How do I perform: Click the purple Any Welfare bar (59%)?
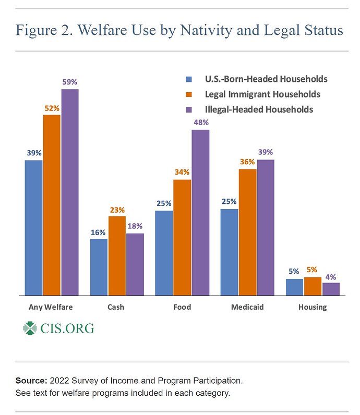point(70,192)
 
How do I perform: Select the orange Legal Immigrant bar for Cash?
point(117,255)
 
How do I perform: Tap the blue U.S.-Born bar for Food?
point(164,253)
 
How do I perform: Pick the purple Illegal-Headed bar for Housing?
point(331,289)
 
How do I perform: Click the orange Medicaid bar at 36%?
point(247,232)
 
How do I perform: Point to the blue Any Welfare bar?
point(33,227)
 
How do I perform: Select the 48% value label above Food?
point(201,123)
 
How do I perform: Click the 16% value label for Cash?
point(99,232)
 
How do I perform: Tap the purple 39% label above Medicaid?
point(265,152)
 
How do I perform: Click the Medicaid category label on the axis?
point(247,307)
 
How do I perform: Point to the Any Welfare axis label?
point(51,307)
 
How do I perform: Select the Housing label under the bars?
point(313,307)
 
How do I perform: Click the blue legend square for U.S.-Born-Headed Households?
point(189,80)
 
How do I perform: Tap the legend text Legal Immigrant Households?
point(262,94)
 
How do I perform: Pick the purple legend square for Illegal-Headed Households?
point(189,109)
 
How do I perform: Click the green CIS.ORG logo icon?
point(31,328)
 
